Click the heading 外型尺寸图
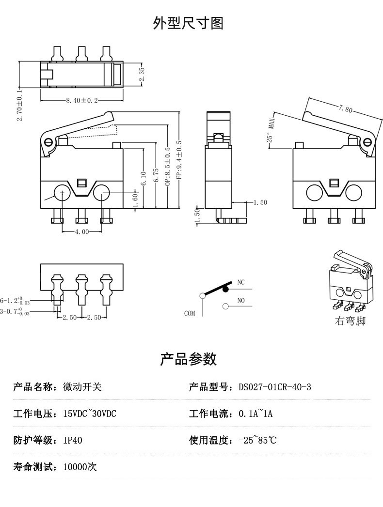[x=188, y=23]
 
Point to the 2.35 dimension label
[x=141, y=75]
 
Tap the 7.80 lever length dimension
[x=346, y=109]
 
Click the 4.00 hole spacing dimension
[x=82, y=231]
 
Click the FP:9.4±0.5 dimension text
[x=179, y=160]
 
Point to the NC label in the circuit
[x=241, y=282]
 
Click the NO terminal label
[x=241, y=301]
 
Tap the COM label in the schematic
[x=190, y=313]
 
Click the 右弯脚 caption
[x=350, y=321]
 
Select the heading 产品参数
[x=188, y=359]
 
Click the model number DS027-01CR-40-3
[x=274, y=387]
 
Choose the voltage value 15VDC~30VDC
[x=90, y=414]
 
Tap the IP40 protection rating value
[x=73, y=440]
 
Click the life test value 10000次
[x=80, y=467]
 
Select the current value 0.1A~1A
[x=255, y=414]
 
